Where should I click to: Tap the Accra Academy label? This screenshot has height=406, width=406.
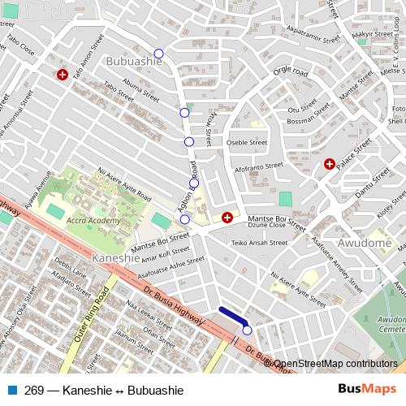tap(93, 220)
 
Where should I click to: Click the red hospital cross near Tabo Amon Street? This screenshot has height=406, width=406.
tap(63, 75)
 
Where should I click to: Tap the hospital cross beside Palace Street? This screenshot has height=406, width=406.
tap(330, 164)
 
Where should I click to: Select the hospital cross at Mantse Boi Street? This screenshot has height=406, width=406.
tap(227, 218)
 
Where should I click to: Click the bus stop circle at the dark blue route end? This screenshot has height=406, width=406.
tap(247, 330)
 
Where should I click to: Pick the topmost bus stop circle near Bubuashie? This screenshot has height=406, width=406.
tap(158, 54)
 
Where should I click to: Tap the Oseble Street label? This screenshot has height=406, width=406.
tap(247, 142)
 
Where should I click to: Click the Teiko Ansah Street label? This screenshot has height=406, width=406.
tap(260, 242)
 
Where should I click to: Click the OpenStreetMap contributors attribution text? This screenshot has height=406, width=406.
tap(335, 365)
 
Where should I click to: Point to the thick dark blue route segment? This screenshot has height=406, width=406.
tap(233, 316)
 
